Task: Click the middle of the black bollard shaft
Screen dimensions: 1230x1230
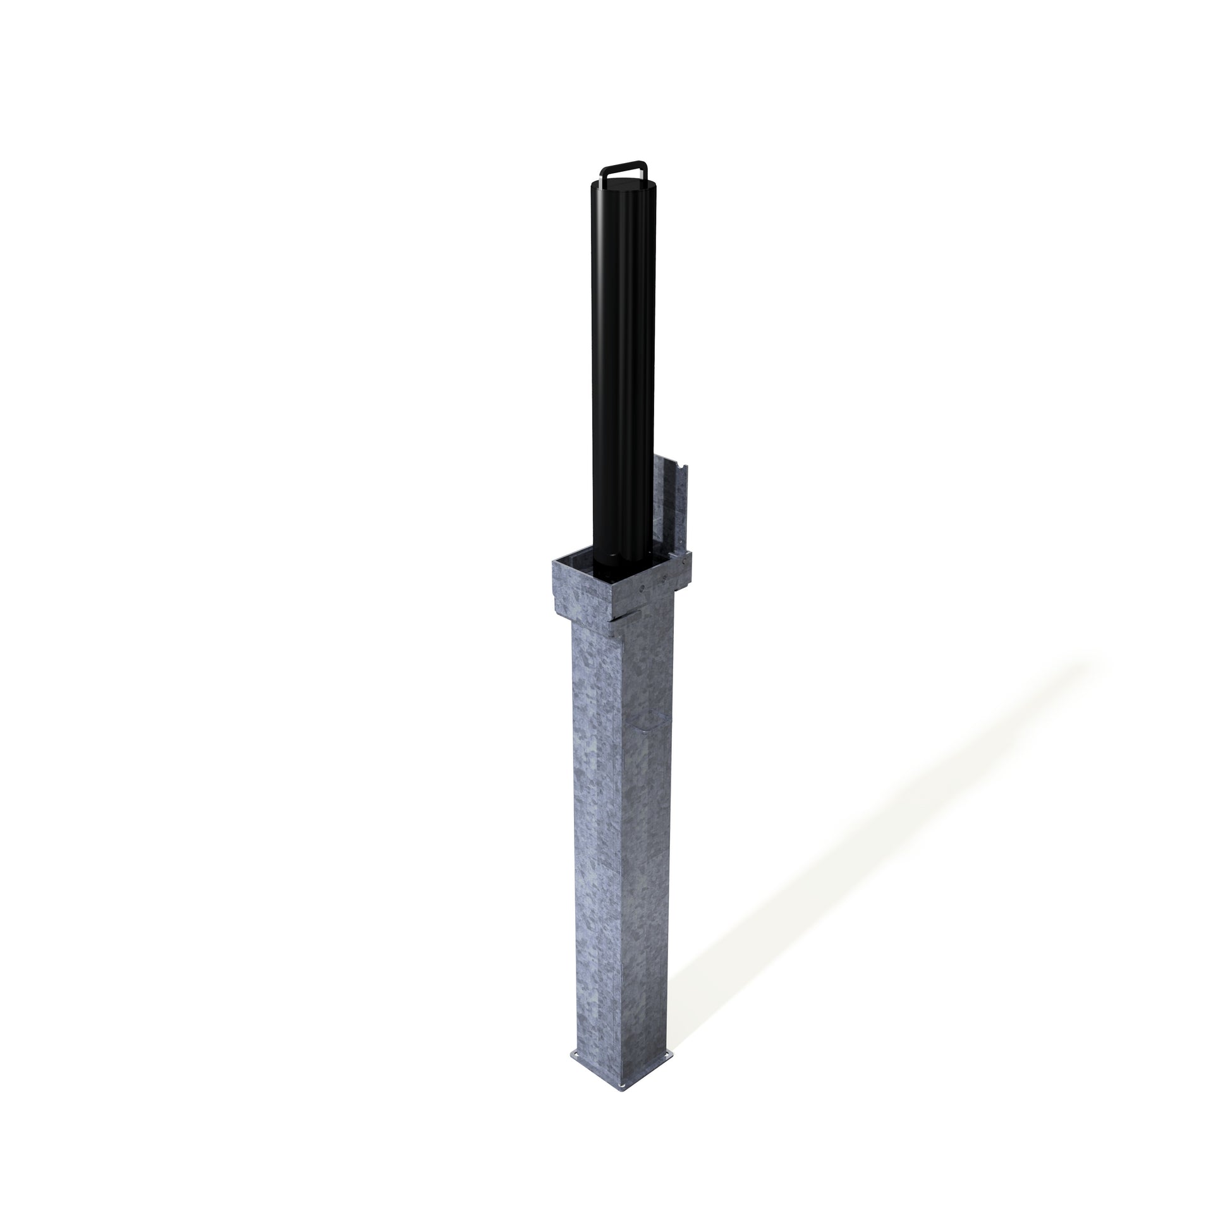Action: (x=623, y=369)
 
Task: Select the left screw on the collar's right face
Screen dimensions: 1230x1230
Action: (x=642, y=588)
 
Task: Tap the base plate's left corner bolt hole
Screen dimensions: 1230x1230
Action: (x=576, y=1055)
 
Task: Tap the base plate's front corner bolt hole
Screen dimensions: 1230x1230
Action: (x=622, y=1086)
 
